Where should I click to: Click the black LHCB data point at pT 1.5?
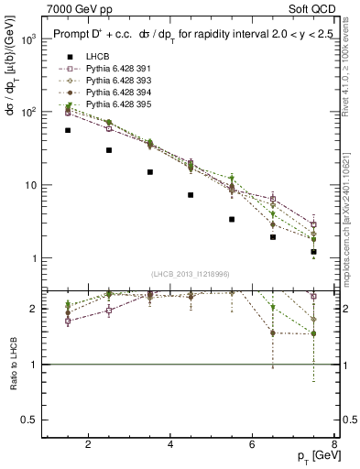click(x=68, y=130)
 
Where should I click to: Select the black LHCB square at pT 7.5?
click(x=313, y=251)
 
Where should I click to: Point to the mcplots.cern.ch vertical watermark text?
click(x=351, y=220)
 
